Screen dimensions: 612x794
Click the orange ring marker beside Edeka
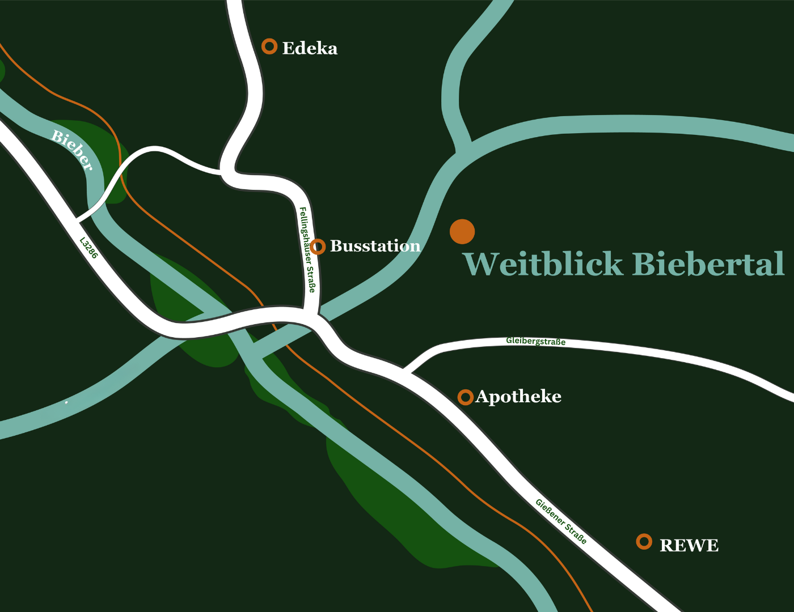[x=269, y=46]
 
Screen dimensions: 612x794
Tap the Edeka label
[x=310, y=49]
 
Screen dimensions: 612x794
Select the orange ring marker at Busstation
[x=318, y=246]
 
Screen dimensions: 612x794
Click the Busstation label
[x=375, y=246]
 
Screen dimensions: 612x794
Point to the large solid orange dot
[x=462, y=231]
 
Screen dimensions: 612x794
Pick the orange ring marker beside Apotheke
[x=465, y=397]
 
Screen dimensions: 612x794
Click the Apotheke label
[x=518, y=397]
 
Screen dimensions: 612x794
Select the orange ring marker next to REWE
[x=644, y=542]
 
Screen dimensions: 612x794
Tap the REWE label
[x=689, y=546]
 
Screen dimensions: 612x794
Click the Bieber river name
[x=71, y=150]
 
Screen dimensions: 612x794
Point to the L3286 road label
[x=88, y=248]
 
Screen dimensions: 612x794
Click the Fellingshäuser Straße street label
[x=307, y=249]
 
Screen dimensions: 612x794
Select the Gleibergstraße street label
[x=535, y=341]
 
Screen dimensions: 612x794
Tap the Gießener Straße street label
[x=561, y=521]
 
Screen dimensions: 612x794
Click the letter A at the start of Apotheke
[x=483, y=397]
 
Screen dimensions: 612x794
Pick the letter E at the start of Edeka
[x=288, y=49]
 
